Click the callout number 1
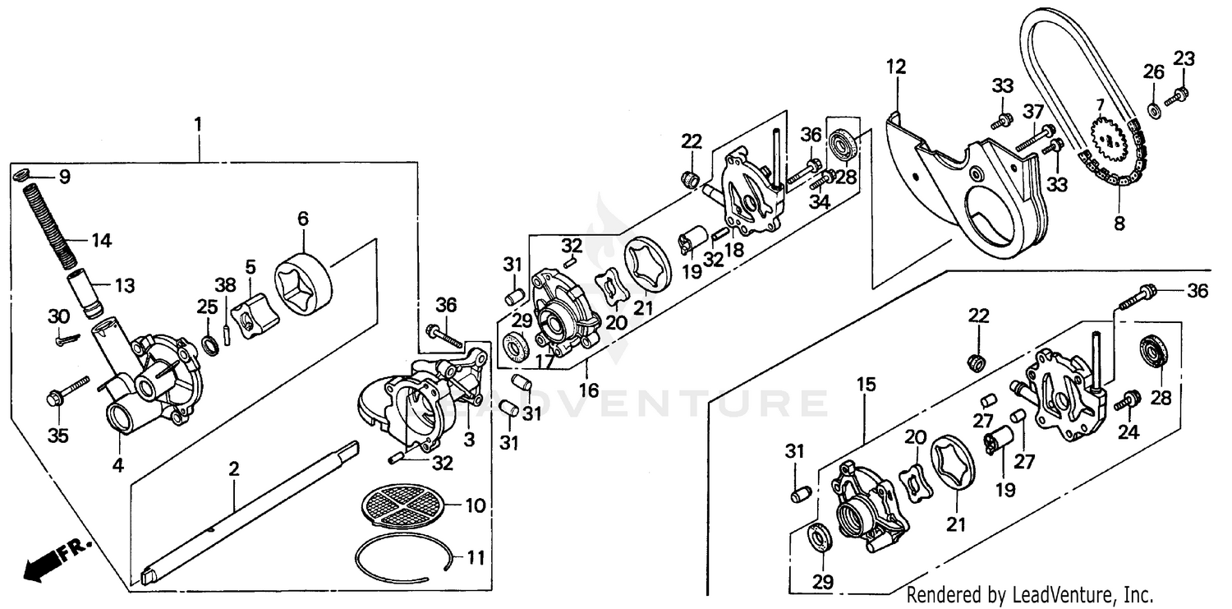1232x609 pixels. point(197,125)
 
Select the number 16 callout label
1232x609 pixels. point(588,390)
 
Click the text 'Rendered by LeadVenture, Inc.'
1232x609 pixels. point(1030,594)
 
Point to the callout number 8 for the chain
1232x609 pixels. point(1119,222)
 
